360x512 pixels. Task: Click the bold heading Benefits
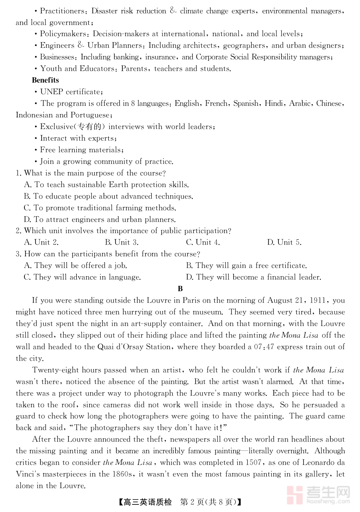point(45,80)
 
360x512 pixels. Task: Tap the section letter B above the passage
point(180,289)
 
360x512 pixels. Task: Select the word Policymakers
point(63,34)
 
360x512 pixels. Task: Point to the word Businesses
point(59,57)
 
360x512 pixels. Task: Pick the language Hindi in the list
point(274,103)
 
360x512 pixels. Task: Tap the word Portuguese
point(91,115)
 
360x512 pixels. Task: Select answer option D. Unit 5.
point(284,242)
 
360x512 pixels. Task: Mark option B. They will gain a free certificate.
point(246,265)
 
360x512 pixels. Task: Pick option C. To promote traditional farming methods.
point(100,208)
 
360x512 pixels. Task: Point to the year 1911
point(319,300)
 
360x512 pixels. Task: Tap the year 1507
point(253,462)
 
